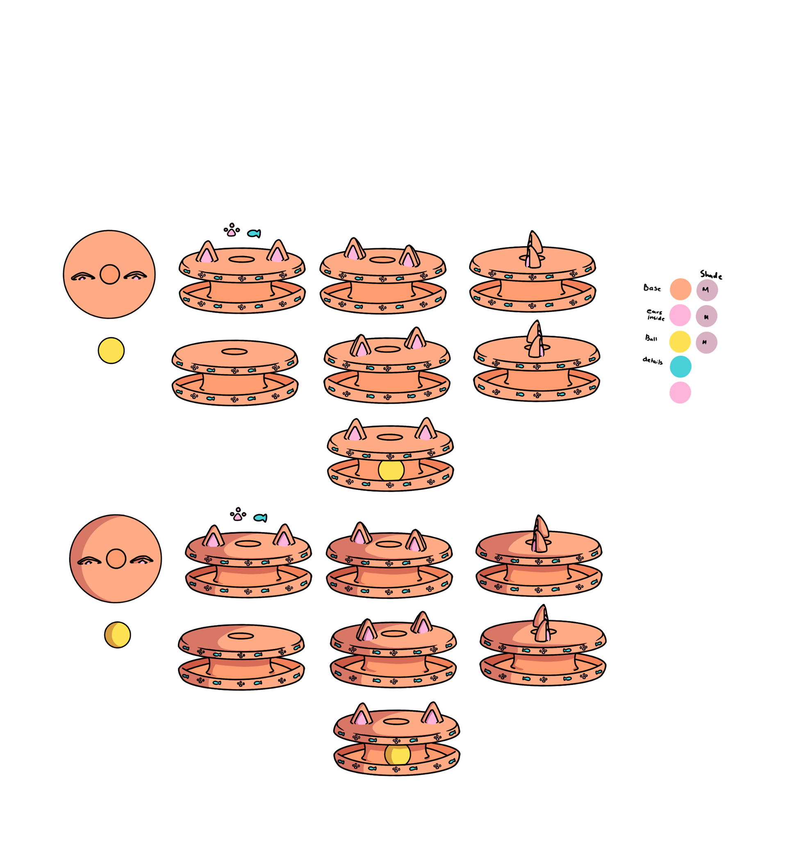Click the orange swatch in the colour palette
pos(680,289)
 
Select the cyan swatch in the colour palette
pos(680,366)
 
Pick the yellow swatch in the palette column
pos(680,342)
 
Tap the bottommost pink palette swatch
pos(680,392)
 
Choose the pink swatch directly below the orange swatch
pos(680,315)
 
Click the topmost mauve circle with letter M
pos(707,290)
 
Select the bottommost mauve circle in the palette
pos(707,342)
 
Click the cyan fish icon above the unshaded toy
pos(254,233)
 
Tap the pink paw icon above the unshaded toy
pos(231,232)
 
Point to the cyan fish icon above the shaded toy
pos(260,518)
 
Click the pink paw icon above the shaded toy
pos(238,516)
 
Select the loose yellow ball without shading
pos(111,351)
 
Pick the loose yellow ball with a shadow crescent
pos(117,635)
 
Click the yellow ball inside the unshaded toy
pos(391,470)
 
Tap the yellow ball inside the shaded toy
pos(398,754)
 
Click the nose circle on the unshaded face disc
pos(110,275)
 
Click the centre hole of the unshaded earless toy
pos(234,352)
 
